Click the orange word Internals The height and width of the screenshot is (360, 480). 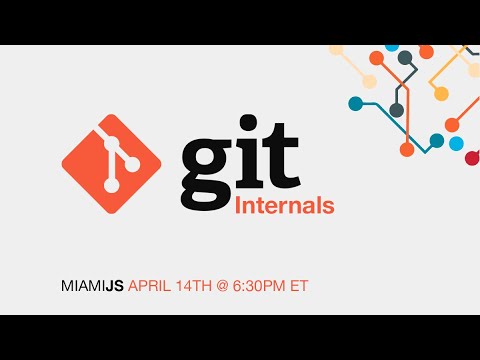click(x=285, y=207)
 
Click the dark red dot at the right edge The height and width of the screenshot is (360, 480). click(x=472, y=158)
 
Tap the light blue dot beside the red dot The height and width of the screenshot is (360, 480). click(x=456, y=144)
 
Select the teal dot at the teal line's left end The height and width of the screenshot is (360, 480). click(x=355, y=103)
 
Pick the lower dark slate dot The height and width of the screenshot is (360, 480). click(x=397, y=110)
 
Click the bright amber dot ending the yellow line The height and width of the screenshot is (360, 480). click(x=441, y=94)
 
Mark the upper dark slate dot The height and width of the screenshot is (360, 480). click(x=407, y=57)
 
